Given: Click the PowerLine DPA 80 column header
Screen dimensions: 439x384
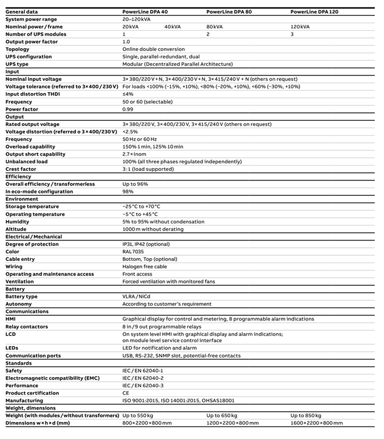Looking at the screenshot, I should [x=229, y=11].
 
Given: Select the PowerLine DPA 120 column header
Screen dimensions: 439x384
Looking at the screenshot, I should [x=314, y=11].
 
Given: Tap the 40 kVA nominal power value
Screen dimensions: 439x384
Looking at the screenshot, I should [x=172, y=27].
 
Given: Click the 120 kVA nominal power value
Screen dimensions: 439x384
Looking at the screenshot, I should [x=300, y=27].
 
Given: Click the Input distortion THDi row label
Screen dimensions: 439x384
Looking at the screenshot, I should [x=33, y=94].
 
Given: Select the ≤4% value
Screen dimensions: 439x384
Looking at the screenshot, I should [x=128, y=94].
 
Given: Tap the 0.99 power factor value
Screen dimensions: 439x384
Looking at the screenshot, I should [x=128, y=109].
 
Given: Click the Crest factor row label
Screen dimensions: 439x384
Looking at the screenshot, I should [x=21, y=169].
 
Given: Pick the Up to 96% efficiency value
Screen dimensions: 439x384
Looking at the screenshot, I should [x=136, y=184].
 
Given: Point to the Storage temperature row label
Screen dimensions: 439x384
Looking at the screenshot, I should [x=32, y=206].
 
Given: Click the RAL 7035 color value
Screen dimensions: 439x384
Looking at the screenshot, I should [x=134, y=252].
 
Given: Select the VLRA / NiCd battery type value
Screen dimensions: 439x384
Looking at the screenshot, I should [x=137, y=297].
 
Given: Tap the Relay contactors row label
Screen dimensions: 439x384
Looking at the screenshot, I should [x=27, y=327].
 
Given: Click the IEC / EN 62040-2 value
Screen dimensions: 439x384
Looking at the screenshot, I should [x=143, y=378].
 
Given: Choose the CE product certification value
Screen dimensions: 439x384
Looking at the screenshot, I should [x=126, y=393].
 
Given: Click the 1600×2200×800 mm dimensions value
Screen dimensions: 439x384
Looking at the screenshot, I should [x=317, y=423].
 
